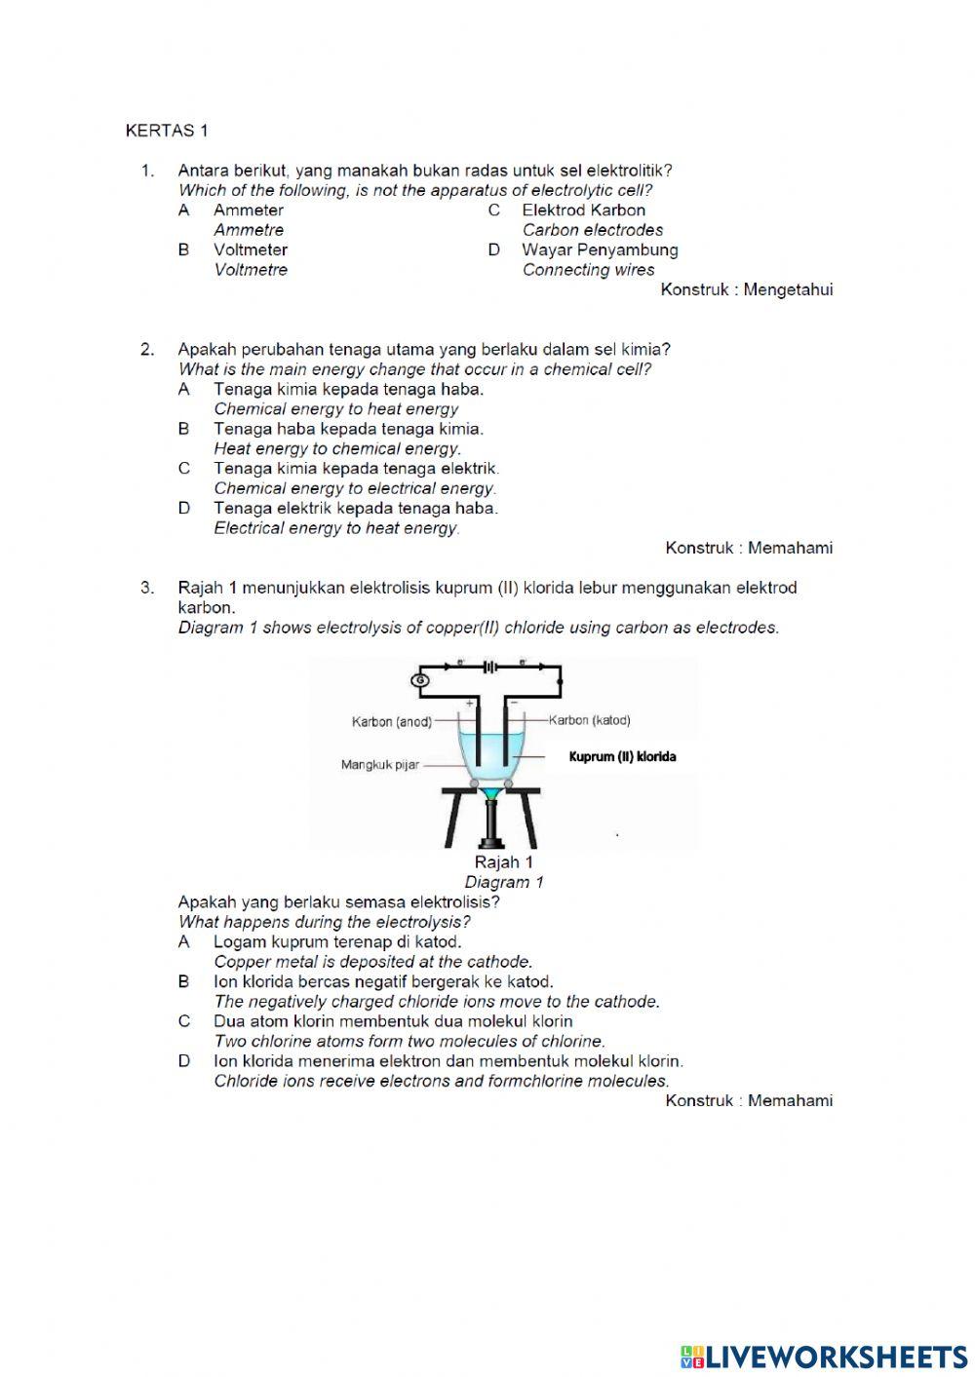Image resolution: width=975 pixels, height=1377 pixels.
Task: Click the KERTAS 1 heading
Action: (167, 131)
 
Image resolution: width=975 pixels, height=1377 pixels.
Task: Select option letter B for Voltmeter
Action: (183, 249)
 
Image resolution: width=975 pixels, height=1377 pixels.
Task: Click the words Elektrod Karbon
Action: (583, 210)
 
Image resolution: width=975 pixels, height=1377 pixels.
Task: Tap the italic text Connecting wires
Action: (588, 270)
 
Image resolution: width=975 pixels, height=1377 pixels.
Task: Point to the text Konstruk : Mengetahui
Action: (746, 289)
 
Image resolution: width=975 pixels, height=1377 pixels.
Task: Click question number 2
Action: (147, 349)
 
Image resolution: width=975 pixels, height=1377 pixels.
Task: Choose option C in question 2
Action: (183, 469)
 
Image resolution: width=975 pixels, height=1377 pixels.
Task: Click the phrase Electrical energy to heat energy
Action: (336, 528)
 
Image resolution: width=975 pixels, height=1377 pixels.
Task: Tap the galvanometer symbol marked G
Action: (420, 680)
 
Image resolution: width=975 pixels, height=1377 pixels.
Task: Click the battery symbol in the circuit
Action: (490, 668)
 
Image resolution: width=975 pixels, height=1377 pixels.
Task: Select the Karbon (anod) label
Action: (391, 722)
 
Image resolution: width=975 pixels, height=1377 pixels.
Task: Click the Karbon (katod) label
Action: (590, 720)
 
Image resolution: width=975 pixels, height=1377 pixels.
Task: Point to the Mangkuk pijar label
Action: (379, 765)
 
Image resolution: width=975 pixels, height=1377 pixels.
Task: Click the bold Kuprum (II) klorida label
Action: (622, 756)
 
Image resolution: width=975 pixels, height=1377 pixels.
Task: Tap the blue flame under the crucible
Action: (490, 794)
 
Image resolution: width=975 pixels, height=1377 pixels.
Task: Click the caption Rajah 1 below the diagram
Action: (503, 861)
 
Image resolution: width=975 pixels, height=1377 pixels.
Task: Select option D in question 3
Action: (183, 1061)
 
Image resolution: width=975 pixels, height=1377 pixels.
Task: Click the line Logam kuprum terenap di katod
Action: (337, 941)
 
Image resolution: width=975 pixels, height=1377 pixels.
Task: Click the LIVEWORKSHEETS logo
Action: (824, 1356)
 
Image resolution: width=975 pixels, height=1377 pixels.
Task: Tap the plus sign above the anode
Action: (469, 702)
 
